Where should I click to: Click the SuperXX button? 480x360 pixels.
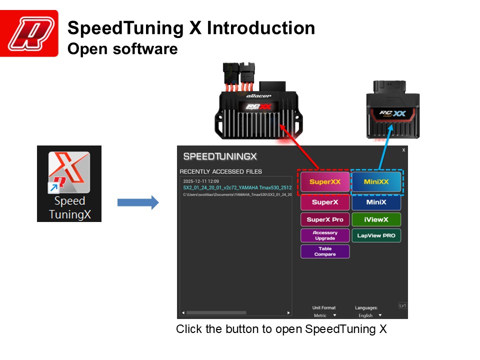[324, 182]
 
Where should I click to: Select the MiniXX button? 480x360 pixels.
[376, 182]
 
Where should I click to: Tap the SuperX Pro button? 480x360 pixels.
[324, 219]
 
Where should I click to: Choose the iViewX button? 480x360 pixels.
[376, 219]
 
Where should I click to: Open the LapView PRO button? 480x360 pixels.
[376, 235]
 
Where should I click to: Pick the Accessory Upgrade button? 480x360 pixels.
[324, 235]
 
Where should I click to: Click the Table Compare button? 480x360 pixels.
[324, 251]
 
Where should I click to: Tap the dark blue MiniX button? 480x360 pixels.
[376, 202]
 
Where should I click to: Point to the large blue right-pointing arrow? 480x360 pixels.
[137, 202]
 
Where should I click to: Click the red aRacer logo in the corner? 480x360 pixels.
[29, 33]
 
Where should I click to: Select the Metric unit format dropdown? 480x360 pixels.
[324, 315]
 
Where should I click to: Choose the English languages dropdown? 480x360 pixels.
[369, 315]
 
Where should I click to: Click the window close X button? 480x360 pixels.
[403, 150]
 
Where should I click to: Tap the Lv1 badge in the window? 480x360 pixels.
[402, 305]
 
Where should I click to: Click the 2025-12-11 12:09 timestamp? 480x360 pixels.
[197, 181]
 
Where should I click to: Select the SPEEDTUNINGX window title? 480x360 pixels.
[220, 156]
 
